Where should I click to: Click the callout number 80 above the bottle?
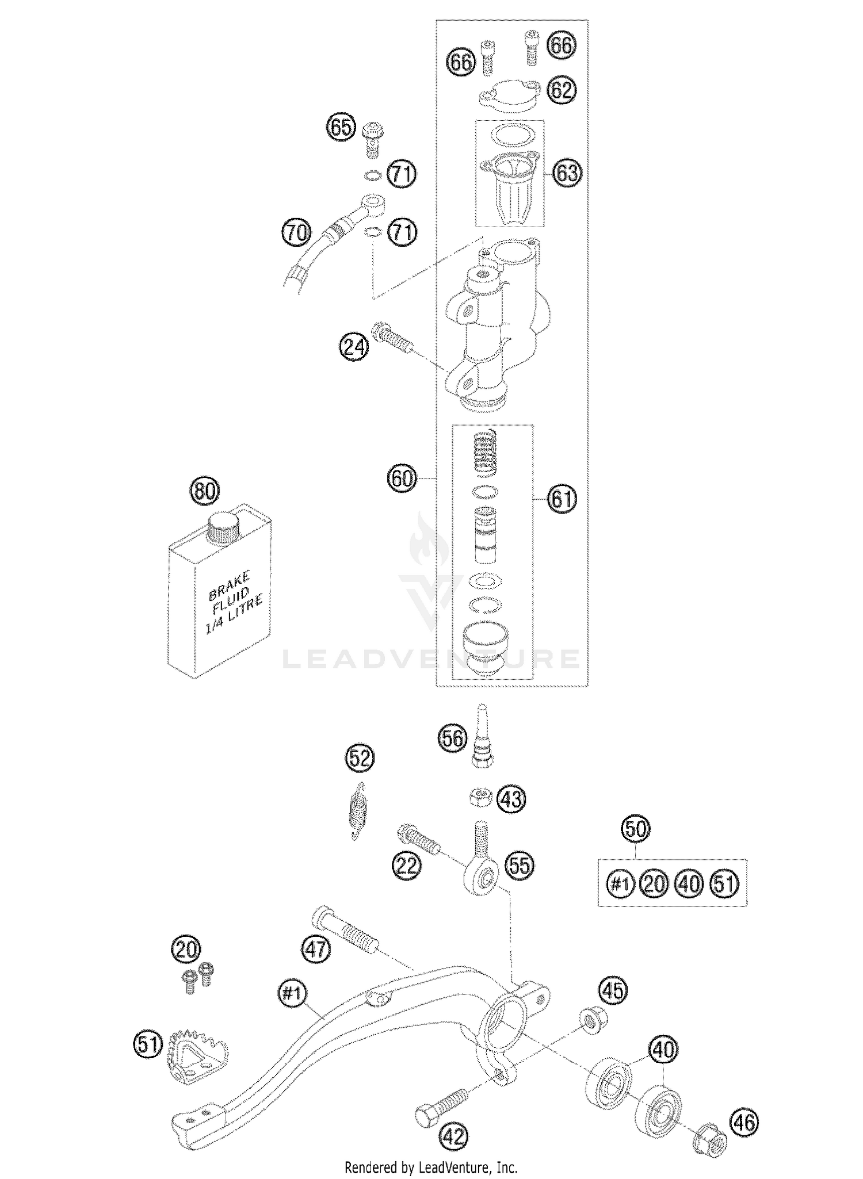click(204, 492)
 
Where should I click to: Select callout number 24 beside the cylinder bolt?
click(353, 348)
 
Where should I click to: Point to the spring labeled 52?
click(358, 810)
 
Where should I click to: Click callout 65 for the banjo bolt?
click(341, 127)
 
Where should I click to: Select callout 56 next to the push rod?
click(453, 738)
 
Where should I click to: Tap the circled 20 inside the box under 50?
click(655, 883)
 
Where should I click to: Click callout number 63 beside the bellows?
click(567, 173)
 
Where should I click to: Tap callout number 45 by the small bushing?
click(613, 990)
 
